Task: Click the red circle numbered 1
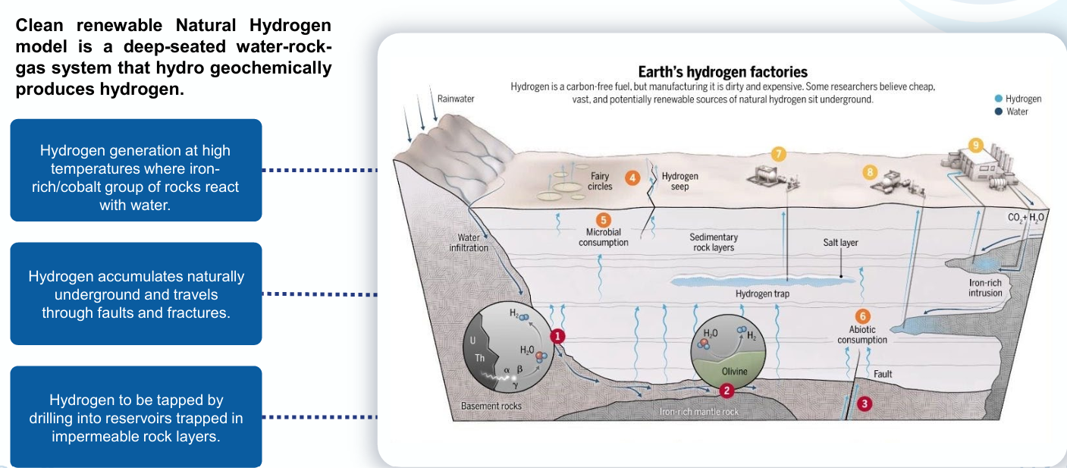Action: coord(557,336)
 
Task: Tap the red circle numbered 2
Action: coord(727,391)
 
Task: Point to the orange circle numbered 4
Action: coord(632,177)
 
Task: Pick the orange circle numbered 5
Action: coord(604,220)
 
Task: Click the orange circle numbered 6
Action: coord(862,316)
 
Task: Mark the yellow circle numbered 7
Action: coord(777,154)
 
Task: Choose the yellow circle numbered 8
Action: coord(870,172)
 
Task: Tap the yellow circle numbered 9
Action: coord(975,145)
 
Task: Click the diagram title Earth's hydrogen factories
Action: coord(722,72)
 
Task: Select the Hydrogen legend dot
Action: coord(998,99)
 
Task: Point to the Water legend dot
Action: coord(998,112)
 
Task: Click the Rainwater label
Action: coord(456,99)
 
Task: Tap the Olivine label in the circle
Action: coord(734,372)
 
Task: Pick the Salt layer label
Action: coord(840,243)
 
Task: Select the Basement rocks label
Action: coord(491,406)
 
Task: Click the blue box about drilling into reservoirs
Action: coord(136,417)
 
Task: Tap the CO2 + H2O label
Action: coord(1026,218)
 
